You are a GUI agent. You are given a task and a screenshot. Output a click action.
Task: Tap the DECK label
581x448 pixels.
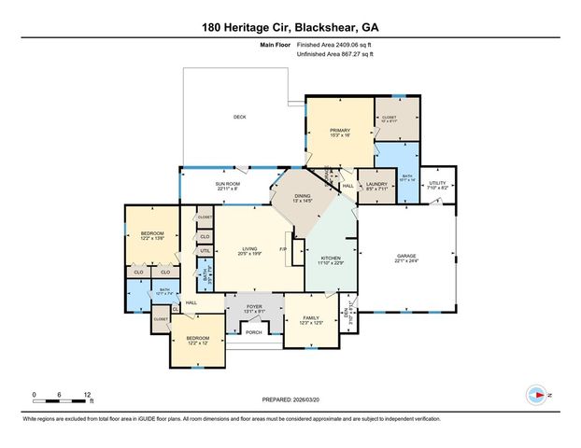point(239,117)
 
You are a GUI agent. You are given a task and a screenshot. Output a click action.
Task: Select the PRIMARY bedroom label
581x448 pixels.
point(339,132)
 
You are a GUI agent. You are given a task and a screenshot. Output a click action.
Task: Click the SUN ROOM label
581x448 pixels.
point(228,184)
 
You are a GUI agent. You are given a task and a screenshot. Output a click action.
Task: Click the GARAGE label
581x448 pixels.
point(406,257)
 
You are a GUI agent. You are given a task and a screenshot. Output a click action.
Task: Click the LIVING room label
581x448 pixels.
point(248,248)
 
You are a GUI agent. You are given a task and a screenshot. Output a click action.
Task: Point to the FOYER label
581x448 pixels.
point(254,306)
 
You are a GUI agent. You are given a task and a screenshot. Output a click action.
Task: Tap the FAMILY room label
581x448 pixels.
point(310,319)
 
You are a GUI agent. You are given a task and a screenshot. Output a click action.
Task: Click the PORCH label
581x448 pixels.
point(253,332)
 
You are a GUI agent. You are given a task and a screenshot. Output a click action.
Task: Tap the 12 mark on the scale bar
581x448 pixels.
point(88,395)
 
